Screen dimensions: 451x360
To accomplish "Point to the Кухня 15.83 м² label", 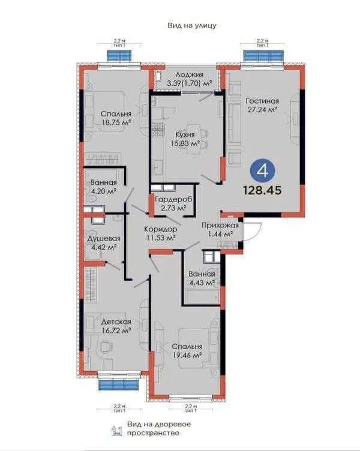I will point(185,139).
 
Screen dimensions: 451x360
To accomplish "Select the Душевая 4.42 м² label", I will point(101,242).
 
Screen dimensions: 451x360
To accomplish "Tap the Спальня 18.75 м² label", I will point(116,117).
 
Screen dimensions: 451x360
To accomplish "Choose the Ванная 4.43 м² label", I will point(201,279).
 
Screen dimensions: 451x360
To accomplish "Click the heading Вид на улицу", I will point(191,26).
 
